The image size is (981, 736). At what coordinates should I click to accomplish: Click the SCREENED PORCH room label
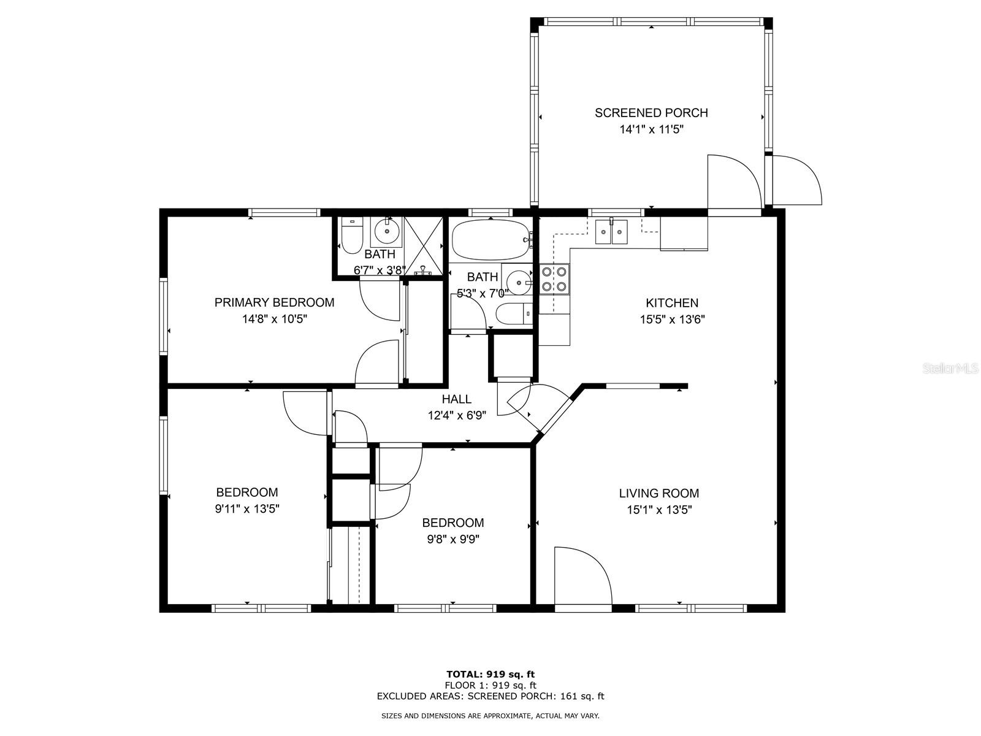click(651, 113)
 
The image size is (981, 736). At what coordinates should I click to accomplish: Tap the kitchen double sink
click(612, 232)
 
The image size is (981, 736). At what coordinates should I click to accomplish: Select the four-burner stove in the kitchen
click(554, 279)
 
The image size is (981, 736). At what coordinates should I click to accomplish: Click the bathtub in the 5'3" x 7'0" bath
click(489, 240)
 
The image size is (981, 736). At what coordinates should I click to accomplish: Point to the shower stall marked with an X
click(424, 246)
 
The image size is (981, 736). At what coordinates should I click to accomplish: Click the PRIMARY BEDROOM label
click(274, 302)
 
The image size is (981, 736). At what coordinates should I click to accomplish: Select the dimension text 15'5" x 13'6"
click(672, 319)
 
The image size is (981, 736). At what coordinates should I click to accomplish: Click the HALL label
click(457, 399)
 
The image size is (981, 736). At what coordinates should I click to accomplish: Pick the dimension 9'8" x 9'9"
click(453, 539)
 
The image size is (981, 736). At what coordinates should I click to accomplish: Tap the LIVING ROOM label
click(658, 493)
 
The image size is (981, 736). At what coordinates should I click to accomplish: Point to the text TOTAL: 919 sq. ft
click(490, 674)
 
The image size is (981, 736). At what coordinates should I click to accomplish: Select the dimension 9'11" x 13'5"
click(247, 508)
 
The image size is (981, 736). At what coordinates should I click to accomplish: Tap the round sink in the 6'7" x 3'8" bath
click(387, 231)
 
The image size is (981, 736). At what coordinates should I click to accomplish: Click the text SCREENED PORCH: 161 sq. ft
click(536, 696)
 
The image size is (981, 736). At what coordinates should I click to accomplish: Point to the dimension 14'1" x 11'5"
click(651, 129)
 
